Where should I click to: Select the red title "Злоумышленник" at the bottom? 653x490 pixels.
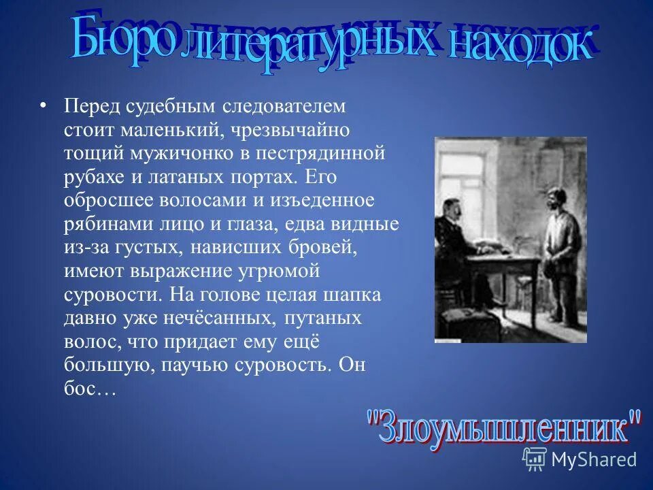[504, 427]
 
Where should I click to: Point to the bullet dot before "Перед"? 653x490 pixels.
[44, 106]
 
